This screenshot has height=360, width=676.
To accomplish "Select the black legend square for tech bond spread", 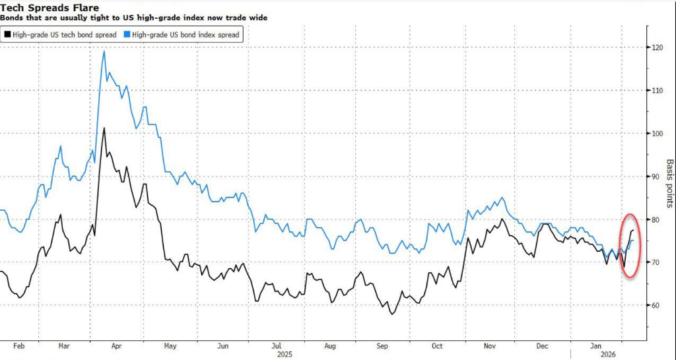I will click(x=7, y=34).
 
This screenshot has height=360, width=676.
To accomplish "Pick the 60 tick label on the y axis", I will click(x=656, y=305).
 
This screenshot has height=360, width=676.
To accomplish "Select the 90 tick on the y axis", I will click(x=656, y=176).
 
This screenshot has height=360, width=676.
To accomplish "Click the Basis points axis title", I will click(x=669, y=183).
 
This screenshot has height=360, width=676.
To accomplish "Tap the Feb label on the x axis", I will click(x=18, y=345).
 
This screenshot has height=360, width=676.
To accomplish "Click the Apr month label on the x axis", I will click(x=117, y=345).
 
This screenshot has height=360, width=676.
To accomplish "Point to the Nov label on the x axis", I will click(x=490, y=345).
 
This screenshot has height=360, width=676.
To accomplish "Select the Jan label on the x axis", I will click(x=596, y=345).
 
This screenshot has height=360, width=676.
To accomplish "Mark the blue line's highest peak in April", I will click(x=104, y=51).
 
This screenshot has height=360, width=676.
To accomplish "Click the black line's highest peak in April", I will click(x=104, y=128).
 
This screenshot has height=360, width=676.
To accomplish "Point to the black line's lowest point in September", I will click(x=392, y=313).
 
